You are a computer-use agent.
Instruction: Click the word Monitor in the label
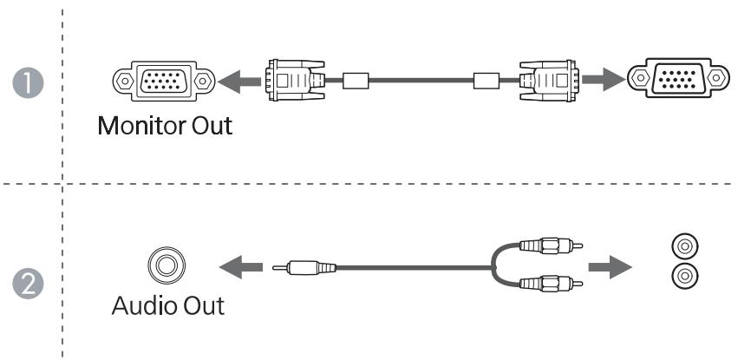pyautogui.click(x=140, y=126)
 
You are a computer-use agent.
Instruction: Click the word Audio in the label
pyautogui.click(x=142, y=306)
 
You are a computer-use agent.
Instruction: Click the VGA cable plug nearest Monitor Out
pyautogui.click(x=292, y=82)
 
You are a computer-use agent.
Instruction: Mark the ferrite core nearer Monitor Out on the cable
pyautogui.click(x=356, y=82)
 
